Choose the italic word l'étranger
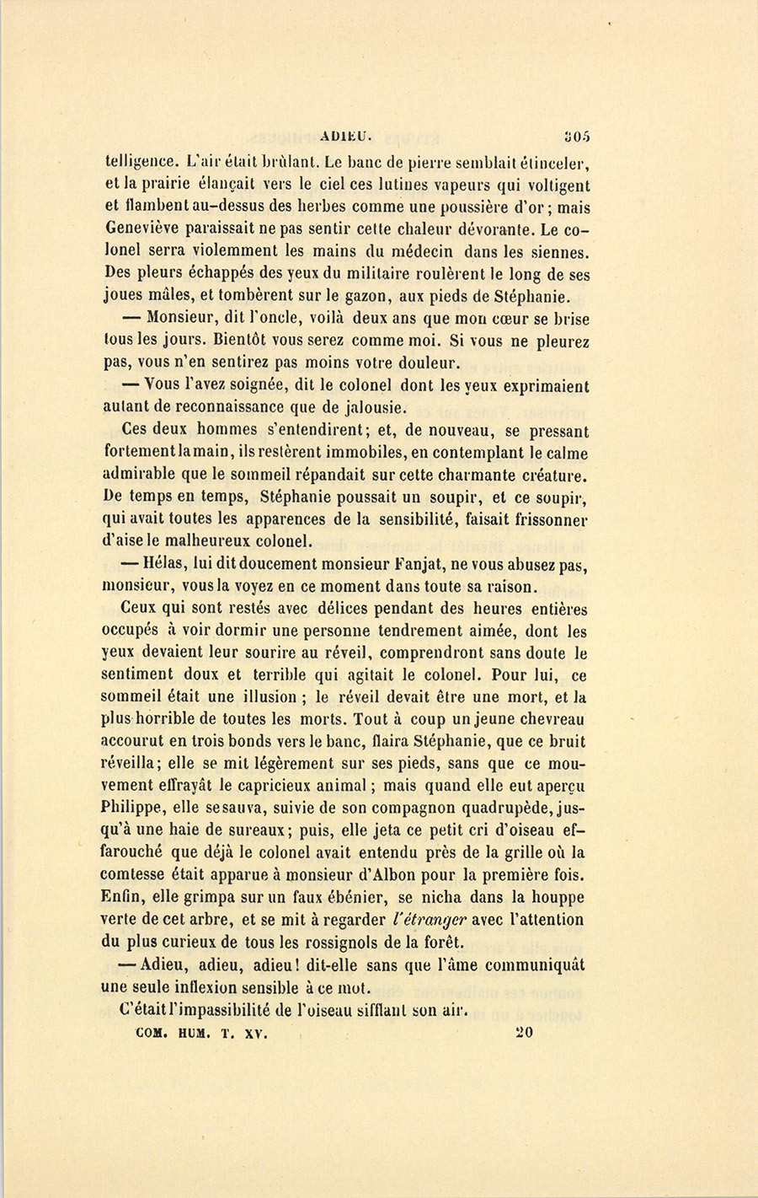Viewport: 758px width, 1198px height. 429,920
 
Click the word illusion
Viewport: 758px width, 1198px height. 261,698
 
